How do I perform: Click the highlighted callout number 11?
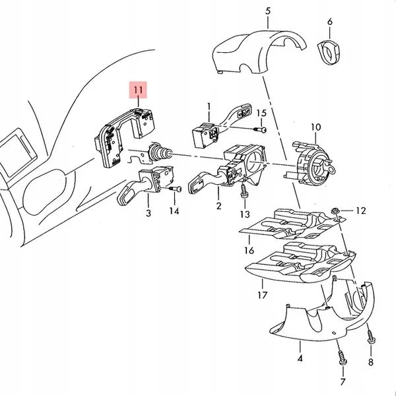(139, 89)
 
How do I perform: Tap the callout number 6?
(329, 22)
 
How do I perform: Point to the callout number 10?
(315, 126)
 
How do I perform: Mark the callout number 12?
(360, 211)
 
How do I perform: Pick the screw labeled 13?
(244, 191)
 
